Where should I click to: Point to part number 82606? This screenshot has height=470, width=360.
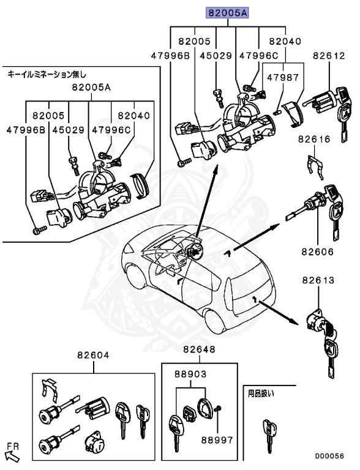point(317,252)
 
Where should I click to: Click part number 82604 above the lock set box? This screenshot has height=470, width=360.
point(93,354)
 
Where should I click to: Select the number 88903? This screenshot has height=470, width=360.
point(190,373)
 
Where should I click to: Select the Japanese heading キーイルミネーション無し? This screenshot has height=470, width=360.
point(47,73)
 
